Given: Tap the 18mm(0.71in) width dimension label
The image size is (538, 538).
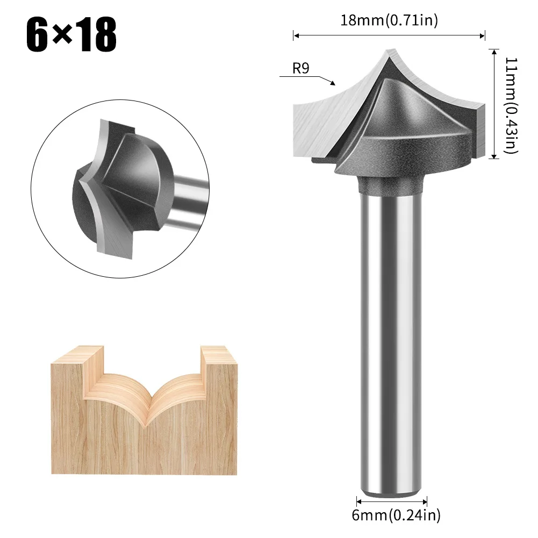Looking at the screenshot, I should pyautogui.click(x=389, y=21).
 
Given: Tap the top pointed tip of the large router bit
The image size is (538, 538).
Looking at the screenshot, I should pyautogui.click(x=388, y=52).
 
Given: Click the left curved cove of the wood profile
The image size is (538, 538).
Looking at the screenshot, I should pyautogui.click(x=116, y=395).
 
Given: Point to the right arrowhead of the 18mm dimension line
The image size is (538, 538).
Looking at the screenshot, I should pyautogui.click(x=483, y=36).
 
